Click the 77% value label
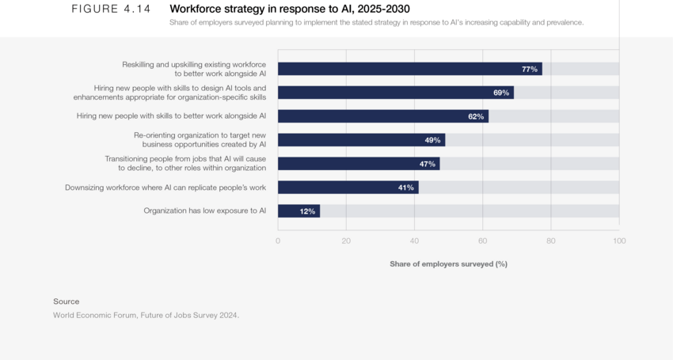point(529,69)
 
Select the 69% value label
point(501,93)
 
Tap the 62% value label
point(476,116)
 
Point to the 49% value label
point(432,140)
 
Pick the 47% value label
point(427,164)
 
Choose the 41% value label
point(405,188)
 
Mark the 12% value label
point(307,211)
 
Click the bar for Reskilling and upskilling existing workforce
point(409,69)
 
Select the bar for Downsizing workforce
point(348,188)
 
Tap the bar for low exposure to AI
point(298,211)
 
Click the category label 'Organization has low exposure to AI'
point(204,211)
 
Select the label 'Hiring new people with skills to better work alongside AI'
point(171,116)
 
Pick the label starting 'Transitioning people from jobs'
point(185,163)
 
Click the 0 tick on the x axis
point(278,241)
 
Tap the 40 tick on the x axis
point(414,241)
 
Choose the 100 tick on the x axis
point(619,241)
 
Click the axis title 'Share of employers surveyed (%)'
point(448,263)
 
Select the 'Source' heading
point(67,301)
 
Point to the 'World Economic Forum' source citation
point(146,315)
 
